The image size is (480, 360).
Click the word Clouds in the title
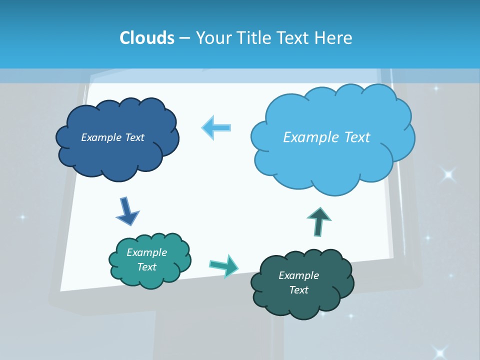(x=147, y=38)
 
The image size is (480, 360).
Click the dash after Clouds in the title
(x=184, y=38)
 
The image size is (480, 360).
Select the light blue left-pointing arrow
(x=216, y=127)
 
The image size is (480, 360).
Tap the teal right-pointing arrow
(x=224, y=265)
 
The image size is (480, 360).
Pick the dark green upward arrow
(x=319, y=220)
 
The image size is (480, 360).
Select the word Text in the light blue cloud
(x=357, y=137)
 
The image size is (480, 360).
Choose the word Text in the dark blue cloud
(x=134, y=137)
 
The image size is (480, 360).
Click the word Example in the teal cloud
(x=146, y=252)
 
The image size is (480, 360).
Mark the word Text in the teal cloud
(x=146, y=267)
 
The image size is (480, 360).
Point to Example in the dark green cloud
(x=298, y=275)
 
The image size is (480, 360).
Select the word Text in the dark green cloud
(x=298, y=290)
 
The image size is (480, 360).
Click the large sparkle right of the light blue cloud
(x=448, y=174)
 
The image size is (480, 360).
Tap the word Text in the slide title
(x=298, y=38)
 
